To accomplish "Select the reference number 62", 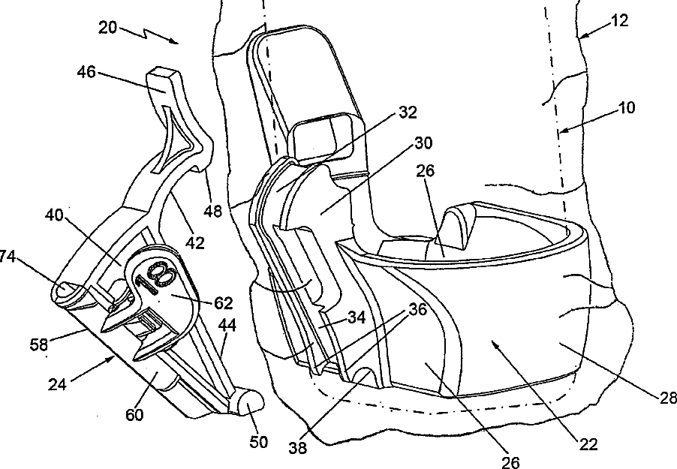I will (223, 303).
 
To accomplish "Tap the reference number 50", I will (260, 443).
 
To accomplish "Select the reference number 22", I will (588, 444).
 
